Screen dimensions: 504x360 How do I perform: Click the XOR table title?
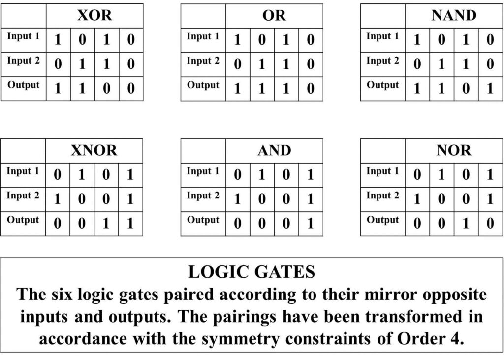(x=94, y=15)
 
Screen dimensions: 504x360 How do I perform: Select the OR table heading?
(x=274, y=15)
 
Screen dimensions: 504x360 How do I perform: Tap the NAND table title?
(x=454, y=15)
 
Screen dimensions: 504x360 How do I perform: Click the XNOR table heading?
(x=94, y=150)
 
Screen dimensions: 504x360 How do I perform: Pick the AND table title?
(x=274, y=150)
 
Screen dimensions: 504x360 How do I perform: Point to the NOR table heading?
(x=454, y=150)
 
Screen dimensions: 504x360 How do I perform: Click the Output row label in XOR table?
(x=24, y=85)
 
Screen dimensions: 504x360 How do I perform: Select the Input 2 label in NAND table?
(x=382, y=61)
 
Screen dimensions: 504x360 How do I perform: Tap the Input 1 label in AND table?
(x=203, y=171)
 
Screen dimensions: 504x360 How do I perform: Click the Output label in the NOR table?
(x=382, y=220)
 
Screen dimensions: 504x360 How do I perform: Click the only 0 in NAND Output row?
(x=466, y=89)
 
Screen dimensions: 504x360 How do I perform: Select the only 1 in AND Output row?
(x=311, y=223)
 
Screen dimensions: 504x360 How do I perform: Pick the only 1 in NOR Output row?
(x=466, y=223)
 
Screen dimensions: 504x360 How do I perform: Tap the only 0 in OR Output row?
(x=311, y=89)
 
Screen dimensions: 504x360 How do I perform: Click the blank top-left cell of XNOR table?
(x=23, y=151)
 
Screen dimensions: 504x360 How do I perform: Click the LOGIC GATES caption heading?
(x=252, y=272)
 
